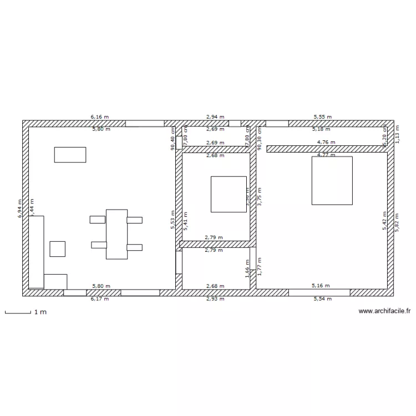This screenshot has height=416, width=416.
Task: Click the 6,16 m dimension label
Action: (100, 117)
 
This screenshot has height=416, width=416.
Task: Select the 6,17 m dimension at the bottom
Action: (100, 299)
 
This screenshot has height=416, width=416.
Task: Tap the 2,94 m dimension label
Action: (215, 117)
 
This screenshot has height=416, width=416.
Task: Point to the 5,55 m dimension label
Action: (322, 117)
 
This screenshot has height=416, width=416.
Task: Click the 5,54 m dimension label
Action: (322, 299)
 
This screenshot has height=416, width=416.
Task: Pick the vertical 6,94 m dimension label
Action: (20, 209)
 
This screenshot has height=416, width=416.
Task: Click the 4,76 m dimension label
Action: (326, 142)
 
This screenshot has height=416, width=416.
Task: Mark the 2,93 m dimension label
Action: (215, 299)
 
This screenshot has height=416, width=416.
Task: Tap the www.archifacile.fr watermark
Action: (384, 312)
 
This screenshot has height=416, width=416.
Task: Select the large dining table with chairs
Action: (116, 234)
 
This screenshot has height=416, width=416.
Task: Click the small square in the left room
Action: (57, 248)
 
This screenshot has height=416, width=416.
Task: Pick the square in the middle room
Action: (229, 194)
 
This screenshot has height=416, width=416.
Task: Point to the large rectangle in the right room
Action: (332, 180)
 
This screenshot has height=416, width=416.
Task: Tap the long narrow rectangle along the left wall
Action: (36, 252)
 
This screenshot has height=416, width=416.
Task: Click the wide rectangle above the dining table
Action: (70, 155)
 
